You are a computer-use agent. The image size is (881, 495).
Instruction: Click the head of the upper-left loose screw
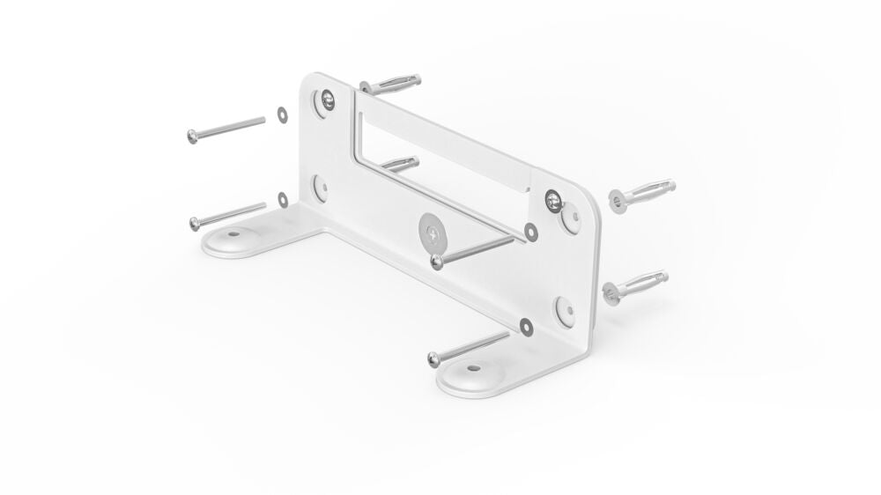pos(193,136)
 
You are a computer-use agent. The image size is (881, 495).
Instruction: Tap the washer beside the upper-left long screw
pos(281,113)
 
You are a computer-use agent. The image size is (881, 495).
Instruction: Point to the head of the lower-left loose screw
pos(193,222)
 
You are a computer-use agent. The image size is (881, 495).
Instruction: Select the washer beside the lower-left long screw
pos(282,199)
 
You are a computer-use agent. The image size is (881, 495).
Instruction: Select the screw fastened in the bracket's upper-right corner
pos(552,199)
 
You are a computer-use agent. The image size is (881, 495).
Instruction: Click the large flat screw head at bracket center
pos(432,233)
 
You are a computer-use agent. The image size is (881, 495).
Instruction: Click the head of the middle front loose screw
pos(436,261)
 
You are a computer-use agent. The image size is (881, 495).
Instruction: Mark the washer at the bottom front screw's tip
pos(526,327)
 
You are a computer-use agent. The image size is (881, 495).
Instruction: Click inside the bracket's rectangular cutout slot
pos(440,159)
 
